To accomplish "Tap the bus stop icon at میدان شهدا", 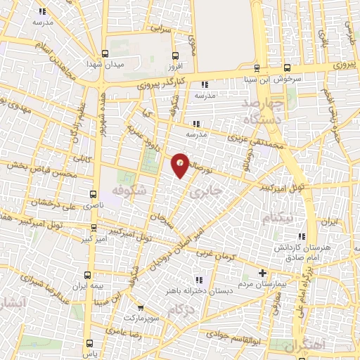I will point(105,53).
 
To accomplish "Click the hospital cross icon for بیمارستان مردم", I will point(263,273).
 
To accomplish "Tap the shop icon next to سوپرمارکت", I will point(141,308).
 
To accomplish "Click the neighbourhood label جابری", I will point(210,190).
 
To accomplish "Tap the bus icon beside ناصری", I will point(94,193).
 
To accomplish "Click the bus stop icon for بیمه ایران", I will point(87,274).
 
